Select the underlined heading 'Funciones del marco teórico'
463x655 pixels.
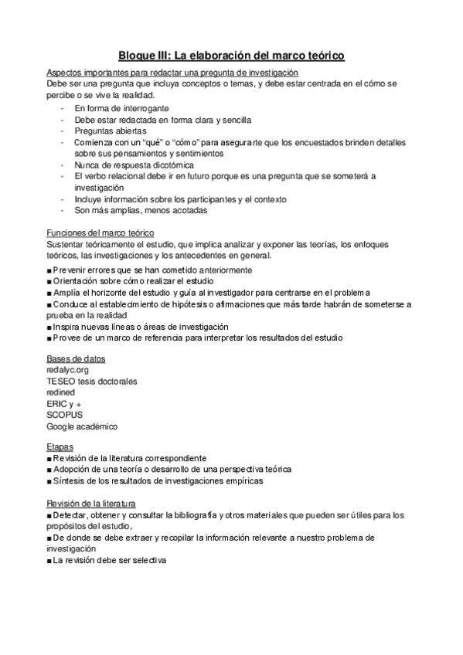click(100, 233)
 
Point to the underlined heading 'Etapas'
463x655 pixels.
click(60, 446)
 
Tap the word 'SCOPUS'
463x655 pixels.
click(64, 415)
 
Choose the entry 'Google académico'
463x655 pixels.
click(82, 426)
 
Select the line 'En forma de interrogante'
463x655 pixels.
click(121, 109)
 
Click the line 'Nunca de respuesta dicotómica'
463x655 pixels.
click(134, 165)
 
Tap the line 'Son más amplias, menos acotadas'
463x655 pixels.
click(141, 210)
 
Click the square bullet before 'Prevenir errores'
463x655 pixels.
click(49, 270)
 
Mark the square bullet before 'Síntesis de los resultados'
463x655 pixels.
click(49, 481)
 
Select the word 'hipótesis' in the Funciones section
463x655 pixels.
click(193, 304)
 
